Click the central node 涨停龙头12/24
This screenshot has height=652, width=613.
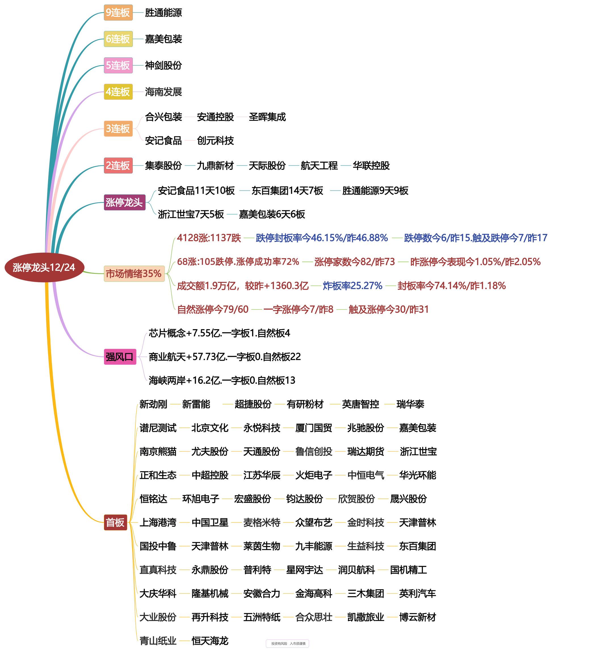(x=44, y=268)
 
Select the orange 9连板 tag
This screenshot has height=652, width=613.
(x=118, y=13)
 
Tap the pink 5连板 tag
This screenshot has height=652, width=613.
(x=118, y=66)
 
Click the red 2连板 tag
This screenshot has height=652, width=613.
(x=118, y=166)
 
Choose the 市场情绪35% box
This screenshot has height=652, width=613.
(x=134, y=274)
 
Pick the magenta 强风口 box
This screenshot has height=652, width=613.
(x=120, y=357)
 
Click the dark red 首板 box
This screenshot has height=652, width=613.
(x=115, y=522)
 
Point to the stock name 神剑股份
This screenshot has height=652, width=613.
(x=163, y=66)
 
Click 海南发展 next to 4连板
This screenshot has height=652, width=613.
(x=163, y=92)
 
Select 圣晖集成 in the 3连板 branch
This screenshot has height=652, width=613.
(x=267, y=117)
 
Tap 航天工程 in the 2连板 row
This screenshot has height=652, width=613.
(x=319, y=166)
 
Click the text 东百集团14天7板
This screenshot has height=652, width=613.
(x=287, y=191)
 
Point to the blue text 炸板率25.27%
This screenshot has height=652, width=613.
(x=352, y=286)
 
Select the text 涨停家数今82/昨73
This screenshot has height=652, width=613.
(x=354, y=262)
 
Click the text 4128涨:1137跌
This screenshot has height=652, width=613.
(x=209, y=238)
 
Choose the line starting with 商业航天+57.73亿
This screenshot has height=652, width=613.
(x=225, y=357)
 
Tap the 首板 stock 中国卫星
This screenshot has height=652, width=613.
(x=210, y=522)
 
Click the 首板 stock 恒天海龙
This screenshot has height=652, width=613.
(x=210, y=641)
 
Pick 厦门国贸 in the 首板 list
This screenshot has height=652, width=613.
(x=314, y=428)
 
